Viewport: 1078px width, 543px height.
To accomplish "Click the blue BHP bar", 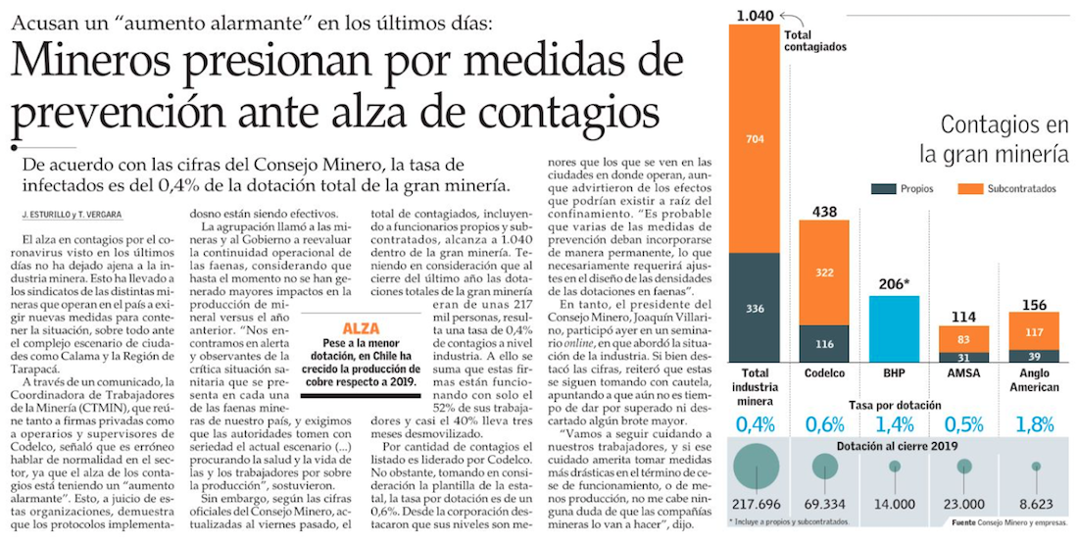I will [893, 328].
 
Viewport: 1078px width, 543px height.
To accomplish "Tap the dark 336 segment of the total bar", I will [755, 307].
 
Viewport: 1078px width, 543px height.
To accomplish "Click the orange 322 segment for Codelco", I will [823, 271].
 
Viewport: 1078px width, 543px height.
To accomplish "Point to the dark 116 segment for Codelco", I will [823, 343].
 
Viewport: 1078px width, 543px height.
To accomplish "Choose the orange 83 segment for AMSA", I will [964, 338].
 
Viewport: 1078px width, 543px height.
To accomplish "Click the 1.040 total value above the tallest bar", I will [754, 14].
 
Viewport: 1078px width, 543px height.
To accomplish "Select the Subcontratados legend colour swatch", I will [969, 189].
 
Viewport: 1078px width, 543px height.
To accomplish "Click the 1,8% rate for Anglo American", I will [1035, 424].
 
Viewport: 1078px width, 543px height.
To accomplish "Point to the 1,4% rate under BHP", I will [894, 424].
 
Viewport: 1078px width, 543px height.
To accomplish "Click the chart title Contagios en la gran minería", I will [995, 139].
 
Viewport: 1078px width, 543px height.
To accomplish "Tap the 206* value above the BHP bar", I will [894, 284].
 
